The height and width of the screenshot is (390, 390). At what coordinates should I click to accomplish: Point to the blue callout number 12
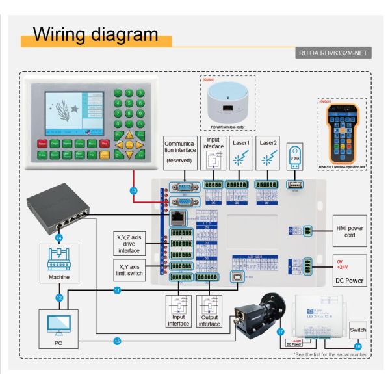click(59, 297)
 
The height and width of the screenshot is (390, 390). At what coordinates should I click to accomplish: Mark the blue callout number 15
click(117, 341)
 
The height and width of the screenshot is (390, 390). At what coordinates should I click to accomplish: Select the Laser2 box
click(267, 154)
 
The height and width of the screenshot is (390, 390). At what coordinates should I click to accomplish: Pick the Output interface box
click(209, 313)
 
